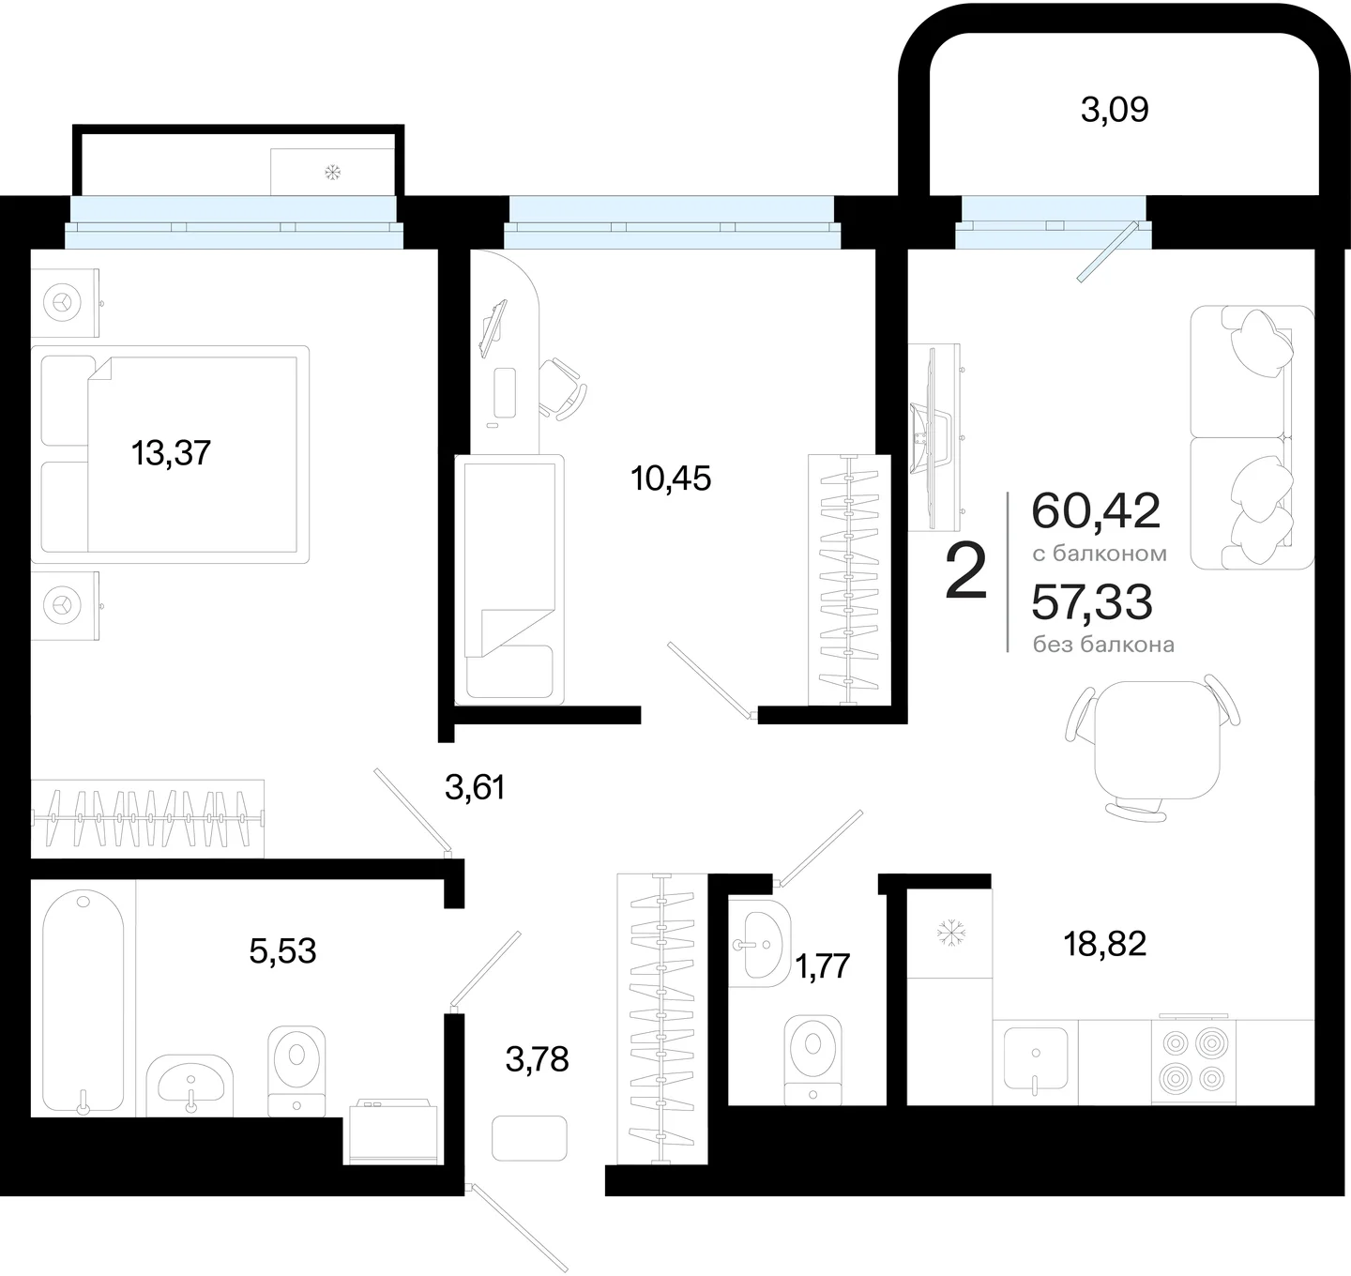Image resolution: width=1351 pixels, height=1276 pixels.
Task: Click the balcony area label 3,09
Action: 1115,110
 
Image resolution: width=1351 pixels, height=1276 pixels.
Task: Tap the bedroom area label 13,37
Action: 171,453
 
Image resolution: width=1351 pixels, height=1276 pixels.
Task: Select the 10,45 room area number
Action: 671,478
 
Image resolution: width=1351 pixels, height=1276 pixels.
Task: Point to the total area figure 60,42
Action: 1096,511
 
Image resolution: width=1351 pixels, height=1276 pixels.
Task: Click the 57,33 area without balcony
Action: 1092,602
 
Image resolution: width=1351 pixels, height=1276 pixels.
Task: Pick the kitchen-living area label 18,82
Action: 1105,944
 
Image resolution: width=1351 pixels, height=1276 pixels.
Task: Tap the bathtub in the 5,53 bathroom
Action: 83,1002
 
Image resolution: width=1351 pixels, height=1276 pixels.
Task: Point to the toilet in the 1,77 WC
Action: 812,1059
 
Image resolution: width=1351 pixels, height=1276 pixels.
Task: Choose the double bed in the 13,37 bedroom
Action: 170,455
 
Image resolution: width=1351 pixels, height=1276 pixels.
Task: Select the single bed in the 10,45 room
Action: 509,580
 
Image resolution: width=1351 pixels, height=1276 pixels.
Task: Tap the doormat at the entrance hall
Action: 529,1138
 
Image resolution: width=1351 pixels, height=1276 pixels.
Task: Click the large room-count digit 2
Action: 966,570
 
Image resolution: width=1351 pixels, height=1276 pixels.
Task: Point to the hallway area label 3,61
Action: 475,788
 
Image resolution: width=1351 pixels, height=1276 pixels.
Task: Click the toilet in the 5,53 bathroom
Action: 296,1071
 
